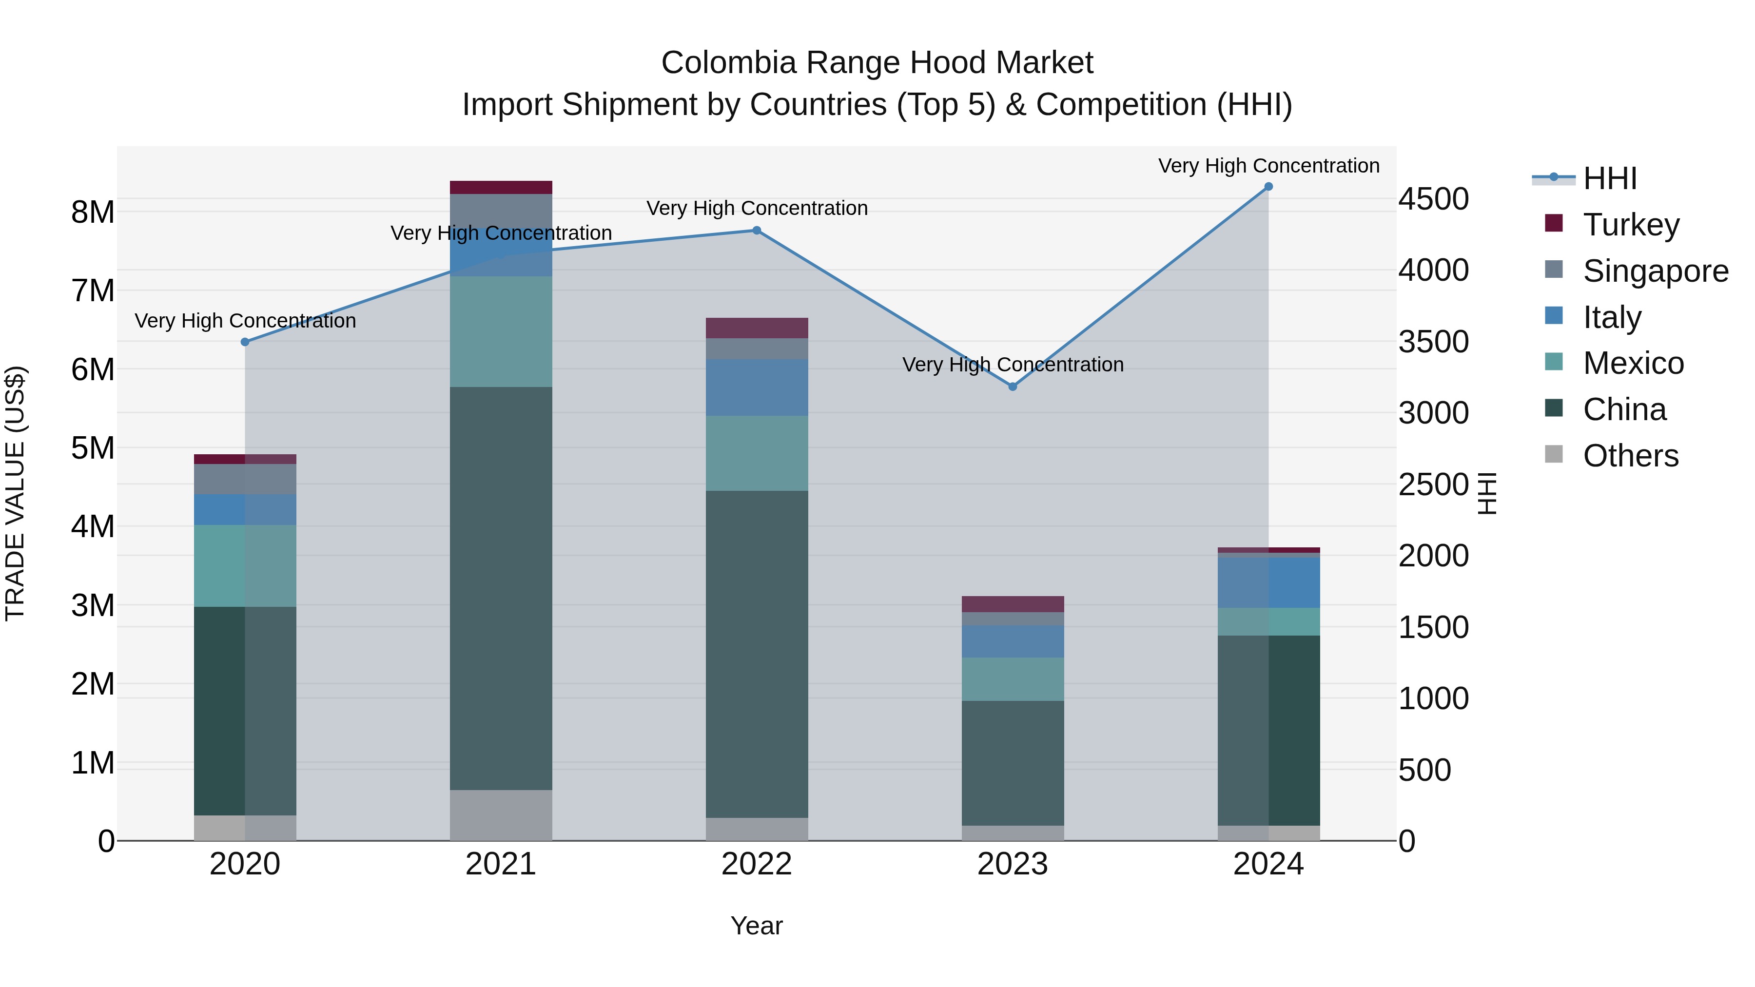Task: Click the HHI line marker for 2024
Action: coord(1268,187)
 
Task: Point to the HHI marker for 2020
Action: coord(245,342)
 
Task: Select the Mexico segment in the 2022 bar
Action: coord(756,453)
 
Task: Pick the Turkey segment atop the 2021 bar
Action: coord(501,187)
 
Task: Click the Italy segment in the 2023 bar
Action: coord(1013,641)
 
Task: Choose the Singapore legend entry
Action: coord(1656,271)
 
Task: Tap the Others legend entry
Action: coord(1630,456)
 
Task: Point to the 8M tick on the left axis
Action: coord(93,213)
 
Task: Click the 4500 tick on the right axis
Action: coord(1433,199)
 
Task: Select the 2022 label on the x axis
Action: coord(756,864)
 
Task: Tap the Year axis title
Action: coord(756,926)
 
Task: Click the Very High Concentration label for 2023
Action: coord(1013,365)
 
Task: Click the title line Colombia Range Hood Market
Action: coord(877,63)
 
